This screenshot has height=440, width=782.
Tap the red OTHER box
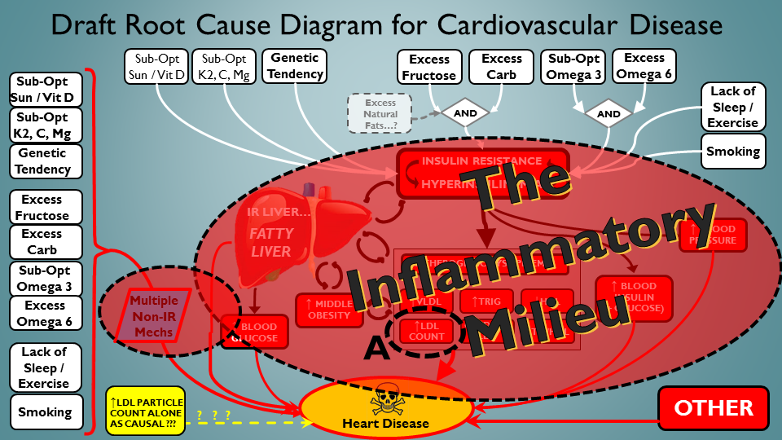[713, 408]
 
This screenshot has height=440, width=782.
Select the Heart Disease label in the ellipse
[385, 423]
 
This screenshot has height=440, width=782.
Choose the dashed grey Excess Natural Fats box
[380, 112]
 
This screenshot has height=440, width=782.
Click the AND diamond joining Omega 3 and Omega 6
[608, 114]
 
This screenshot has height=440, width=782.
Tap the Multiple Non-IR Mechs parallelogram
[152, 317]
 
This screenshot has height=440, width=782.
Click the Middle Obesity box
[329, 309]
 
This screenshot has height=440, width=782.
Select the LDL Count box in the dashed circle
[428, 331]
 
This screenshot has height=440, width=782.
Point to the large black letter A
[376, 348]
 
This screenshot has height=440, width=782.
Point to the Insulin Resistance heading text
[481, 161]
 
